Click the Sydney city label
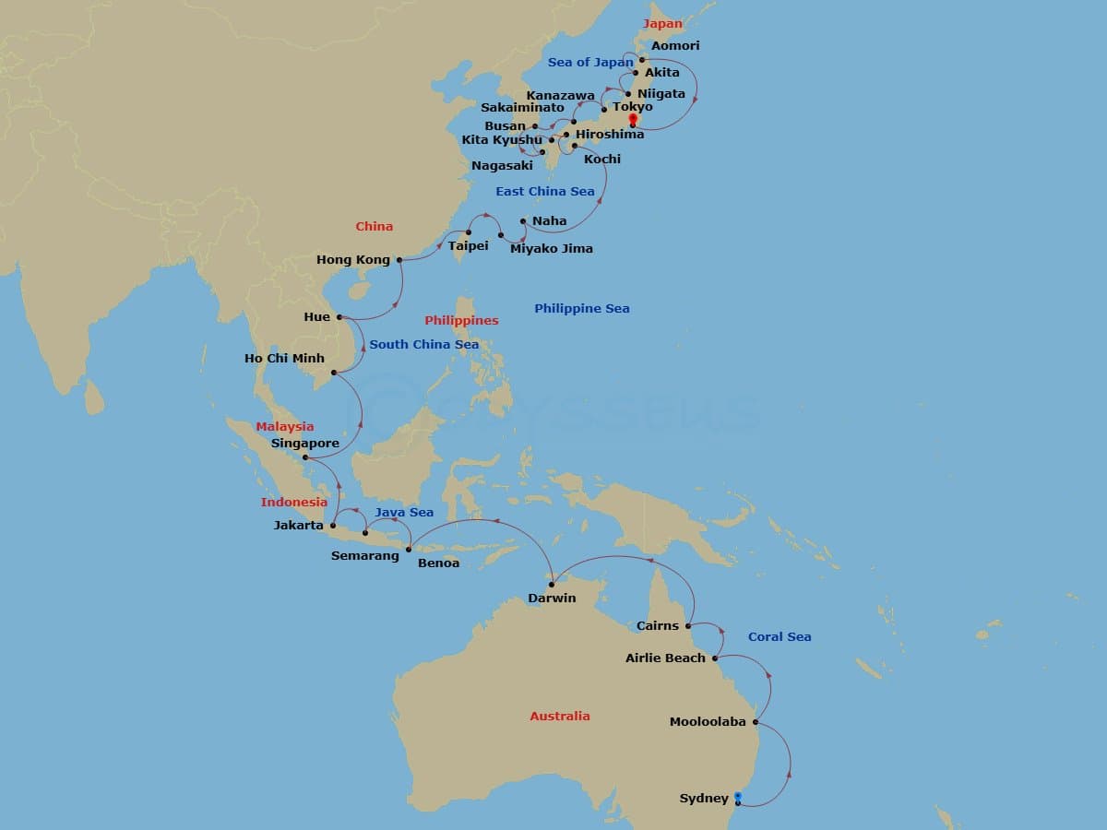pyautogui.click(x=704, y=798)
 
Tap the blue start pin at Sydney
pyautogui.click(x=738, y=797)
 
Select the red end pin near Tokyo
pyautogui.click(x=633, y=119)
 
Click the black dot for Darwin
pyautogui.click(x=552, y=585)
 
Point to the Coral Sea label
pyautogui.click(x=780, y=636)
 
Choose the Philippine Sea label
pyautogui.click(x=582, y=308)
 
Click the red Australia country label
pyautogui.click(x=559, y=716)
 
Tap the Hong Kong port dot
pyautogui.click(x=399, y=260)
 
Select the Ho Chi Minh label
pyautogui.click(x=284, y=358)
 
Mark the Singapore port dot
pyautogui.click(x=305, y=457)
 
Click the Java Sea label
pyautogui.click(x=404, y=512)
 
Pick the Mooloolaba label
pyautogui.click(x=708, y=722)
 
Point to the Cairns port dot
pyautogui.click(x=689, y=625)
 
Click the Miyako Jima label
pyautogui.click(x=552, y=248)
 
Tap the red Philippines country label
pyautogui.click(x=461, y=320)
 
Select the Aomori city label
pyautogui.click(x=675, y=45)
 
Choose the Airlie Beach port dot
pyautogui.click(x=715, y=658)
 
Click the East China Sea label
pyautogui.click(x=545, y=191)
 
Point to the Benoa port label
pyautogui.click(x=438, y=563)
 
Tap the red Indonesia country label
pyautogui.click(x=293, y=502)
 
